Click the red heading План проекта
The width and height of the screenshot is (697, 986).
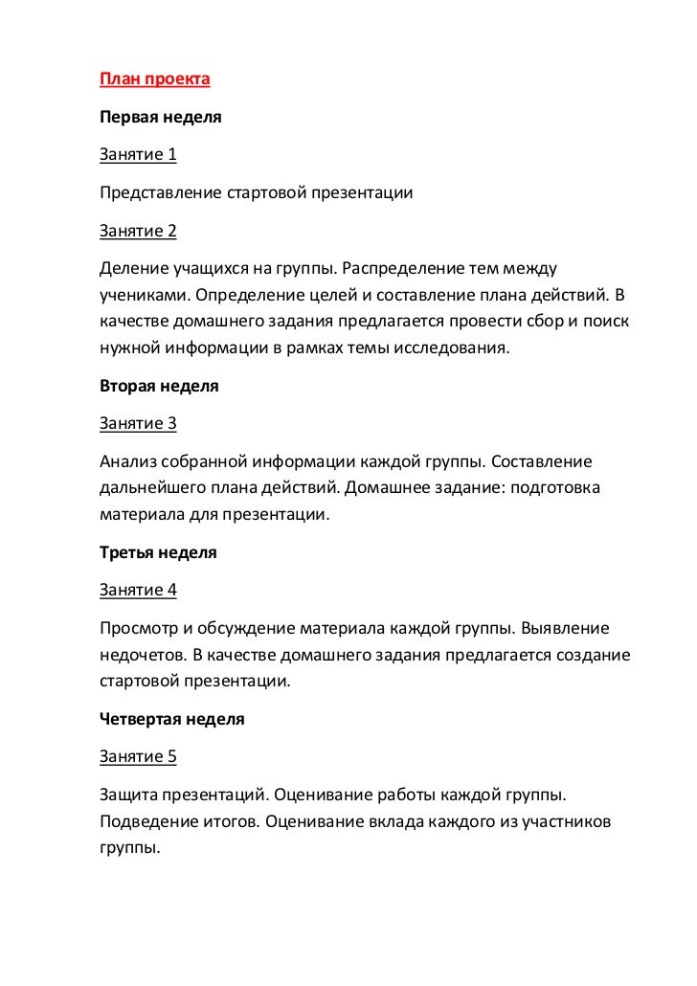pos(154,79)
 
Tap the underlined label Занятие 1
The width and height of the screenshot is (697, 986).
pos(139,154)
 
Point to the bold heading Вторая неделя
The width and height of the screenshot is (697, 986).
pos(159,387)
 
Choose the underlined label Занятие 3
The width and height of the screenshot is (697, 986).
pos(139,424)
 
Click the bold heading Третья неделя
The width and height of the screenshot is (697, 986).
pos(158,552)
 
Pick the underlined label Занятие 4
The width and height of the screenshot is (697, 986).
pos(139,590)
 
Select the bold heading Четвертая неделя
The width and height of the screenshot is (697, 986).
pos(172,718)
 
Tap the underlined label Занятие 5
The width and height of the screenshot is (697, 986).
pos(139,755)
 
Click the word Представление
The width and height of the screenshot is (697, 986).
pos(160,192)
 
